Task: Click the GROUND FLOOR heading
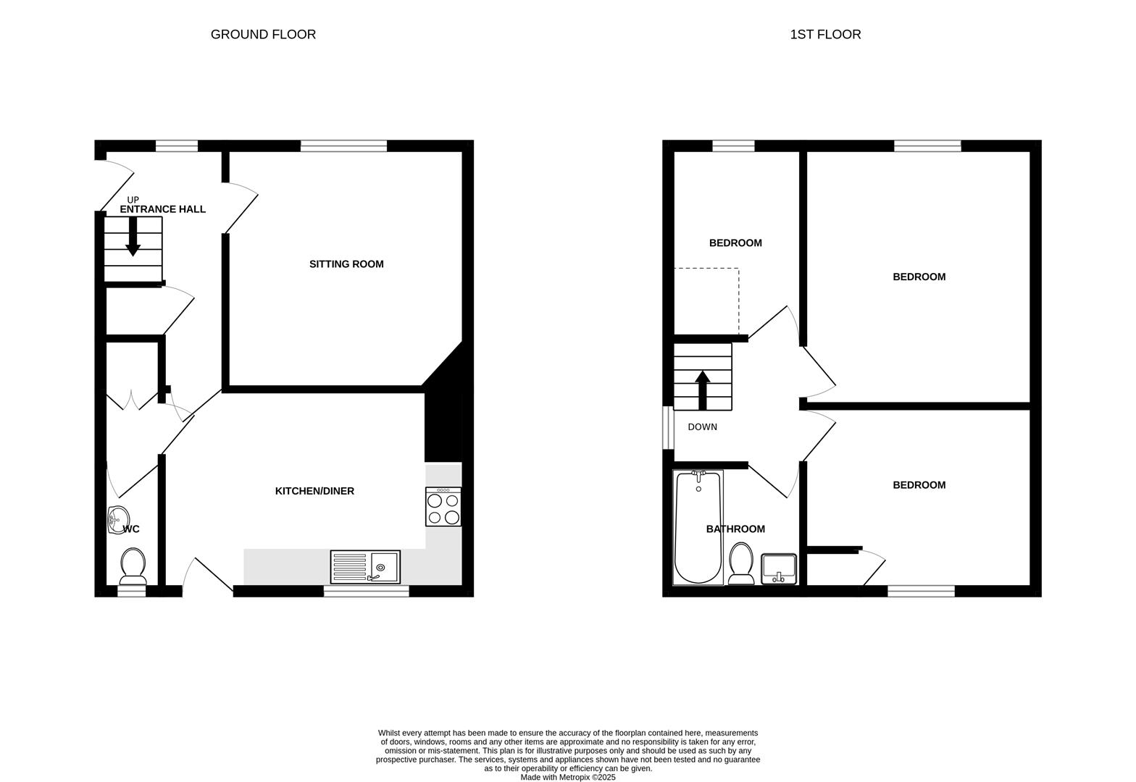point(263,34)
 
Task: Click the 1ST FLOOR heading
point(825,34)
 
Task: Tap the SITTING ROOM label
point(346,264)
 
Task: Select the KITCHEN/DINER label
point(314,491)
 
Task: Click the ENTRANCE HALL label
point(162,209)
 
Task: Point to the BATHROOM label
point(735,529)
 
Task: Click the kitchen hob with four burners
point(443,507)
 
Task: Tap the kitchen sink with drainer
point(365,567)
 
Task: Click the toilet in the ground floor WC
point(133,566)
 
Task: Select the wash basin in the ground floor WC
point(117,520)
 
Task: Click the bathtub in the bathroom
point(698,527)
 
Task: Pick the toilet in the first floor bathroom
point(741,563)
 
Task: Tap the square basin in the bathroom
point(779,568)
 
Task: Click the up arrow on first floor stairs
point(702,390)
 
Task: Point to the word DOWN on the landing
point(702,427)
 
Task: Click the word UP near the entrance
point(133,200)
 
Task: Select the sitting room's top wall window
point(343,146)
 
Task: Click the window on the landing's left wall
point(668,427)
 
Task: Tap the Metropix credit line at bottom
point(567,777)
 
